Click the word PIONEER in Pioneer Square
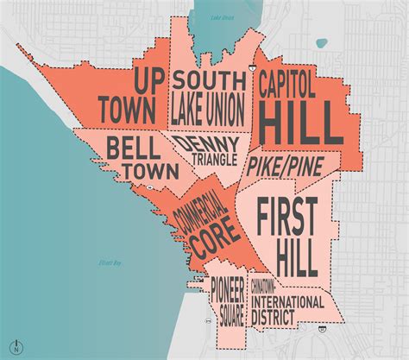click(x=230, y=289)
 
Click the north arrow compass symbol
click(x=16, y=348)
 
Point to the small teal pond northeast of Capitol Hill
click(x=321, y=41)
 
